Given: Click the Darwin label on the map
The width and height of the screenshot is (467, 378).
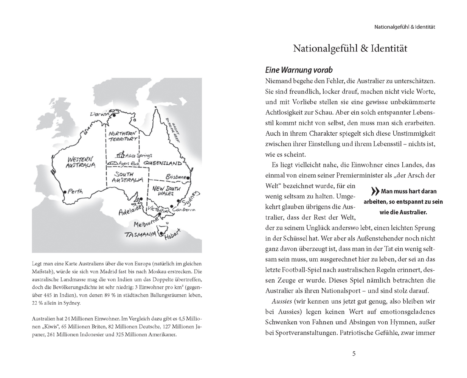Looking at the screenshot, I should point(99,114).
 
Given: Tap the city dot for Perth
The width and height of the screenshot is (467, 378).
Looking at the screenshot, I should point(65,192).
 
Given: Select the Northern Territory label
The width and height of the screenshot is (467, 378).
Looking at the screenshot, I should point(122,136).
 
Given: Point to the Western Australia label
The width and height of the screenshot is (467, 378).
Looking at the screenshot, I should point(81,162).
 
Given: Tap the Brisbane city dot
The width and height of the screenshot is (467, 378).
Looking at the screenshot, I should point(188,177).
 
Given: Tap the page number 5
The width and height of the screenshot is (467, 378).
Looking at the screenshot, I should point(354,354).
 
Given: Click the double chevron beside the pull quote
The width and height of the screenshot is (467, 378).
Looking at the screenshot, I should point(375,191).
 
